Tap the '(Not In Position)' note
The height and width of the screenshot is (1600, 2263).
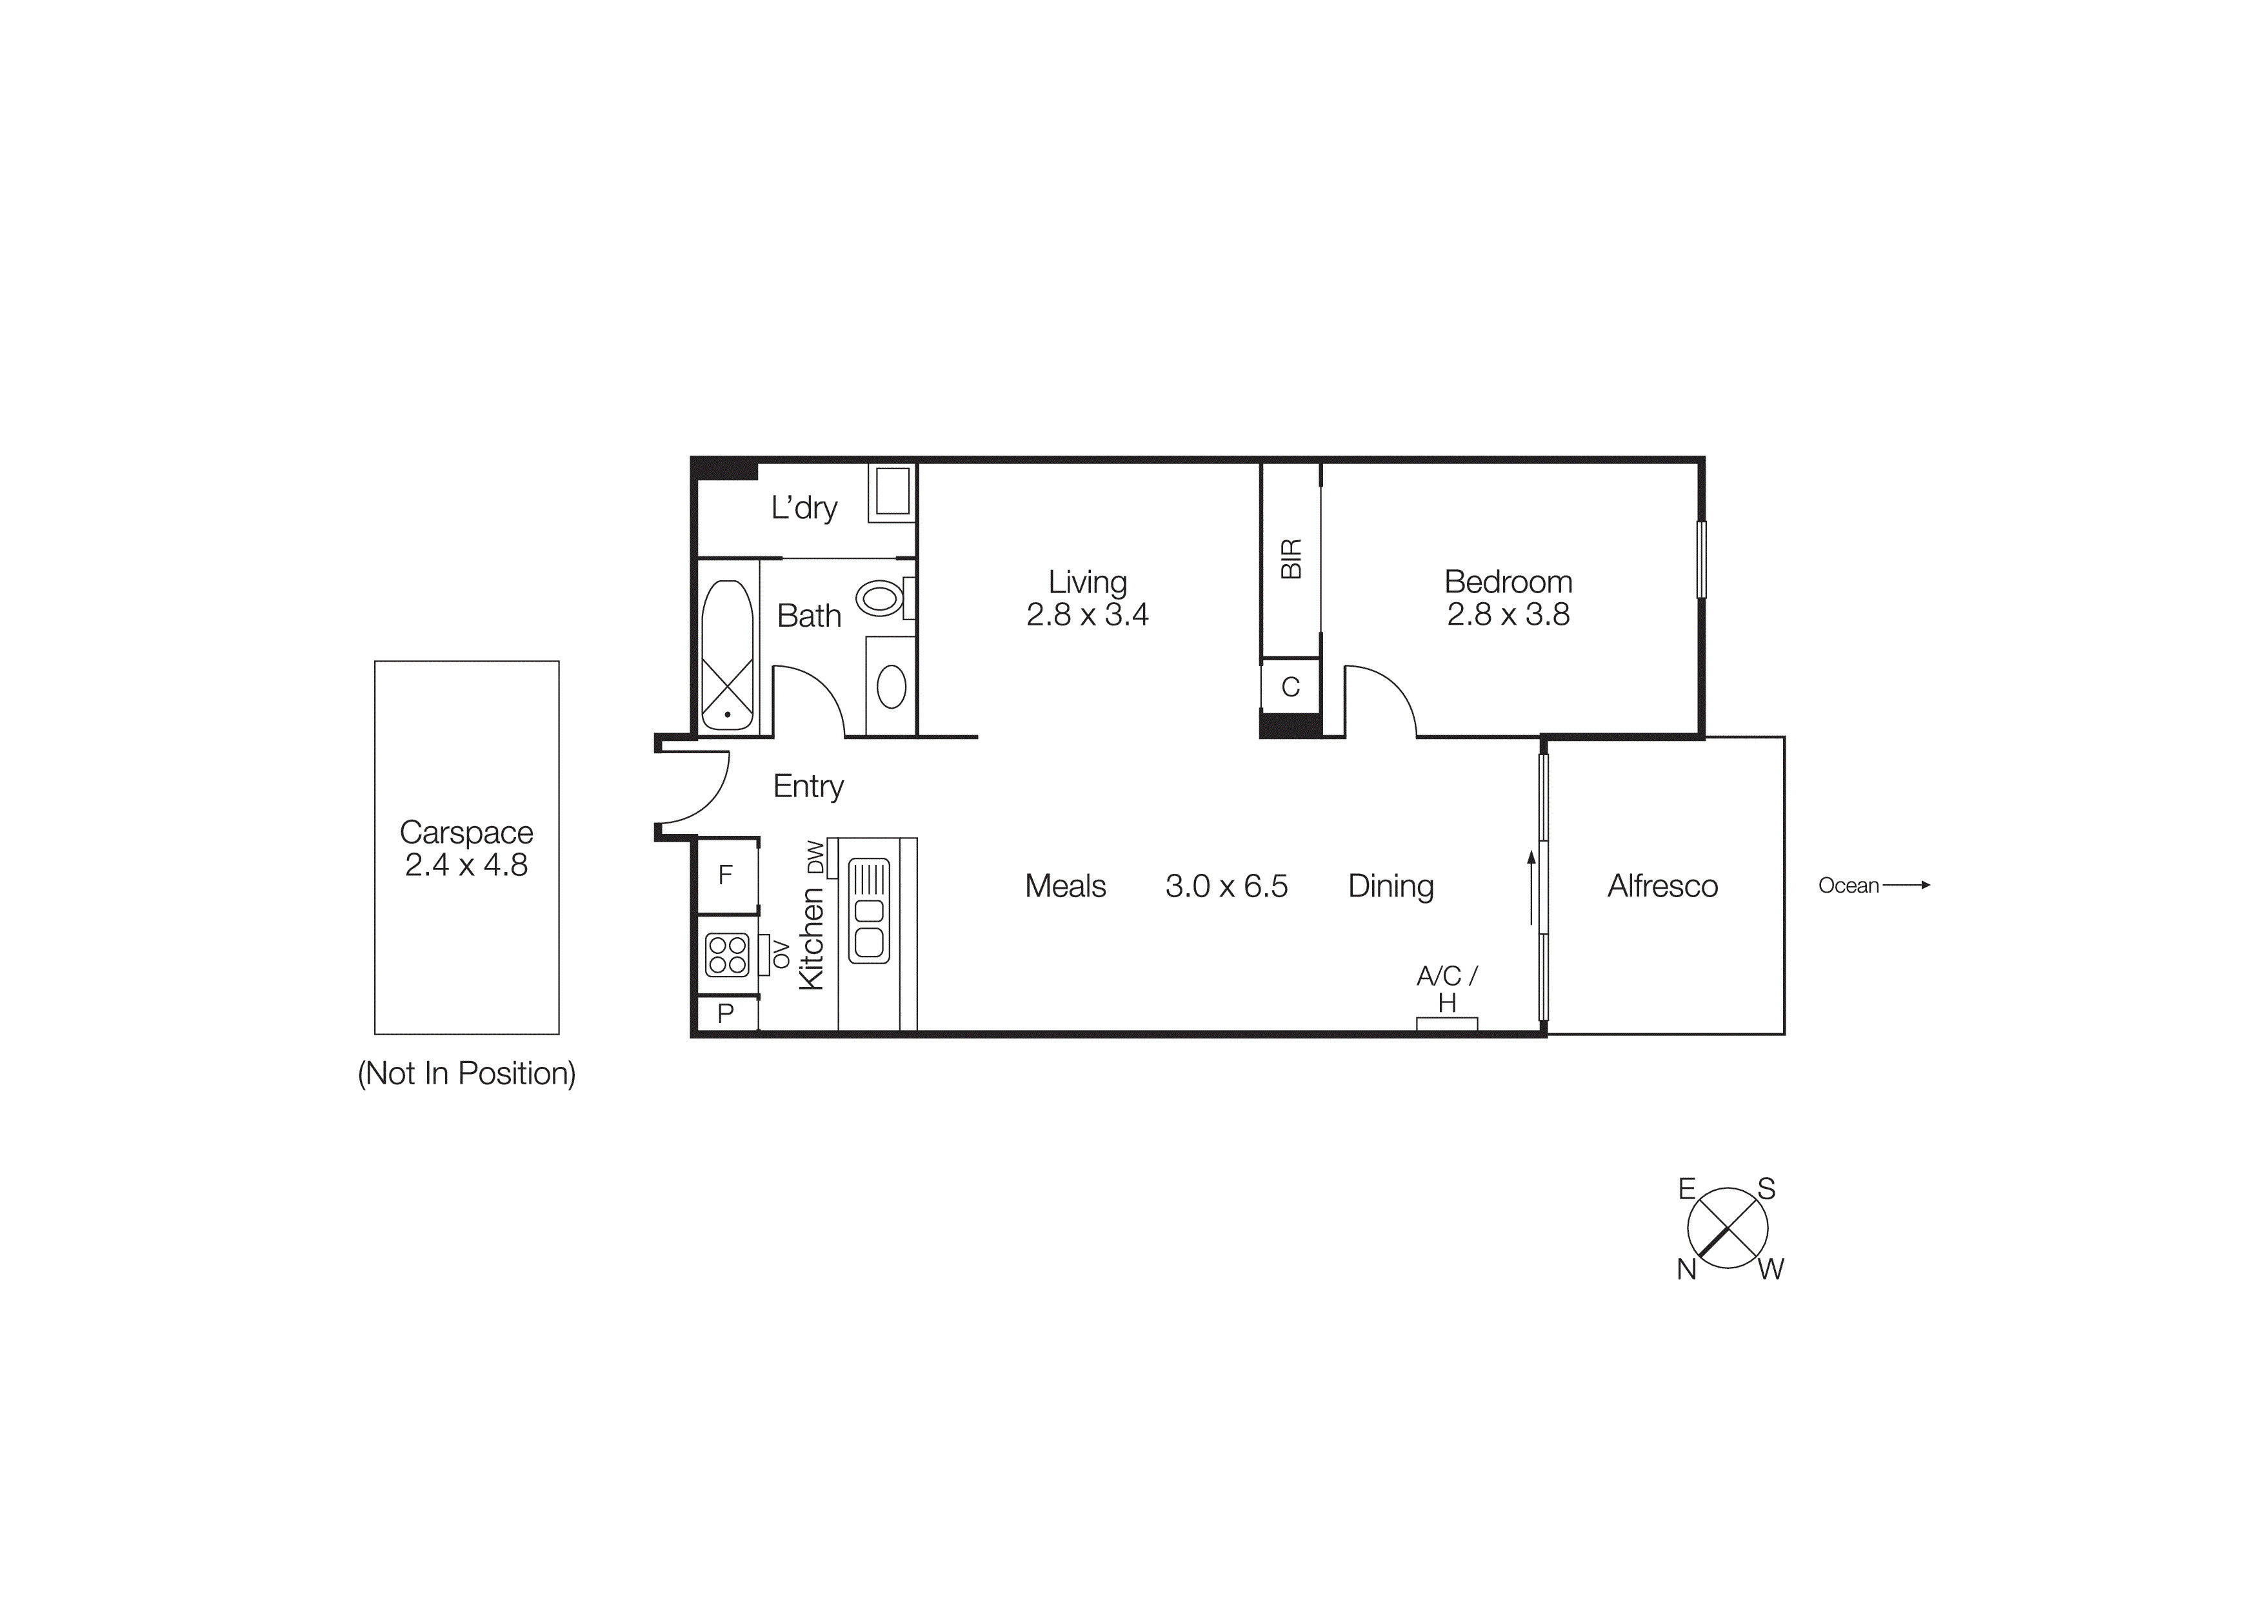click(466, 1073)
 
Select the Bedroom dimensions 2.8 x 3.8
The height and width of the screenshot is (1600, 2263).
click(1508, 615)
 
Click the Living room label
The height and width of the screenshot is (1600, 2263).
click(1087, 583)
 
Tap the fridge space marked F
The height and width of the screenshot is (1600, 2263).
click(726, 875)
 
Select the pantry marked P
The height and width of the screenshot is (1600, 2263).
click(726, 1013)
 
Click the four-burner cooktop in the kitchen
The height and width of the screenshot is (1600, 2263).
click(728, 955)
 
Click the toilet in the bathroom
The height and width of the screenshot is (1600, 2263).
click(879, 598)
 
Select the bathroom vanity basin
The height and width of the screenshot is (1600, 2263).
click(891, 687)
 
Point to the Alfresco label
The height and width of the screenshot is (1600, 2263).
click(1663, 886)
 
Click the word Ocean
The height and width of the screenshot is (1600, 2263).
click(1848, 886)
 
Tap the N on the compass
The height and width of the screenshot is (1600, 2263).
click(1686, 1270)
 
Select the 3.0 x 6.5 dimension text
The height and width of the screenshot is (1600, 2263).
click(1226, 886)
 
